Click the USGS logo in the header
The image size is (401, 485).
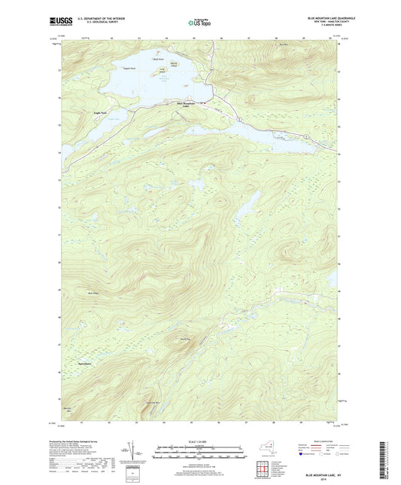(60, 22)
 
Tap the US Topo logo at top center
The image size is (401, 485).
(199, 23)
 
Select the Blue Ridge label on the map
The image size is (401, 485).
(94, 293)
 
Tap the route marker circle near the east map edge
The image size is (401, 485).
(306, 136)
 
